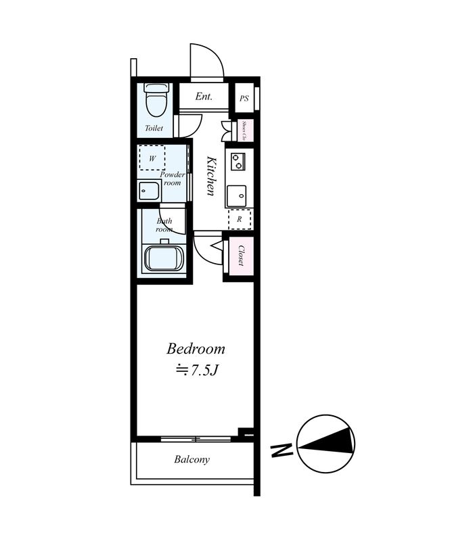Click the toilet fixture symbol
tap(156, 100)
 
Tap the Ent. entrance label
tap(204, 96)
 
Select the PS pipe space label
tap(244, 98)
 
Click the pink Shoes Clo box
tap(244, 130)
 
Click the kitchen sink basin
tap(237, 196)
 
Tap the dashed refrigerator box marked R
tap(240, 219)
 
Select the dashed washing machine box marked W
tap(152, 158)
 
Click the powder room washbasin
tap(149, 190)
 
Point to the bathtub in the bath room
tap(164, 258)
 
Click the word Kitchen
tap(211, 176)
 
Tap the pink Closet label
tap(241, 256)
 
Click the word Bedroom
tap(196, 348)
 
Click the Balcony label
tap(191, 460)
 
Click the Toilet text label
tap(154, 128)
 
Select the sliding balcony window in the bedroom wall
tap(196, 439)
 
